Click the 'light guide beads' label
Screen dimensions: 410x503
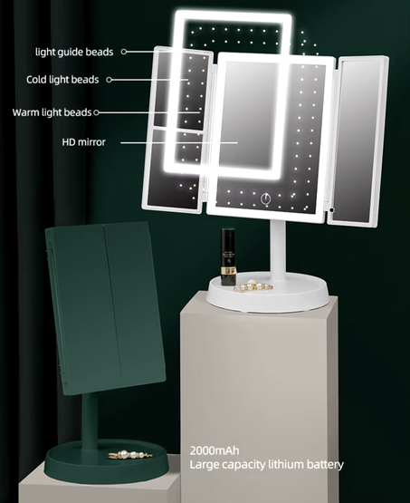coord(74,52)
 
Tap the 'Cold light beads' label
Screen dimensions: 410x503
coord(62,79)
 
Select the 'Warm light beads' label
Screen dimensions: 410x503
coord(52,112)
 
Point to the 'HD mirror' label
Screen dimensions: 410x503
coord(83,141)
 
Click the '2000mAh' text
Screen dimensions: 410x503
coord(215,450)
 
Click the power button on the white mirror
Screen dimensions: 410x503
coord(265,198)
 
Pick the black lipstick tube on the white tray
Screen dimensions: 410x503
coord(228,256)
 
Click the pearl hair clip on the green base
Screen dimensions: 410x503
coord(130,455)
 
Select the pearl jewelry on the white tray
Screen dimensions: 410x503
coord(253,285)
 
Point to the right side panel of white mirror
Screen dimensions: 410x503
coord(358,141)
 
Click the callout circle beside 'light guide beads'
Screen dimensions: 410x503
coord(124,52)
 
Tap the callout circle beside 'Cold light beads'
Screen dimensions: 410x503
coord(109,80)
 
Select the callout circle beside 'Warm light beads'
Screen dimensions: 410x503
coord(96,112)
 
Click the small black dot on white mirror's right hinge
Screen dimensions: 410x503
coord(331,210)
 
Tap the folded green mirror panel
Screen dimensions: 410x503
coord(105,308)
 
